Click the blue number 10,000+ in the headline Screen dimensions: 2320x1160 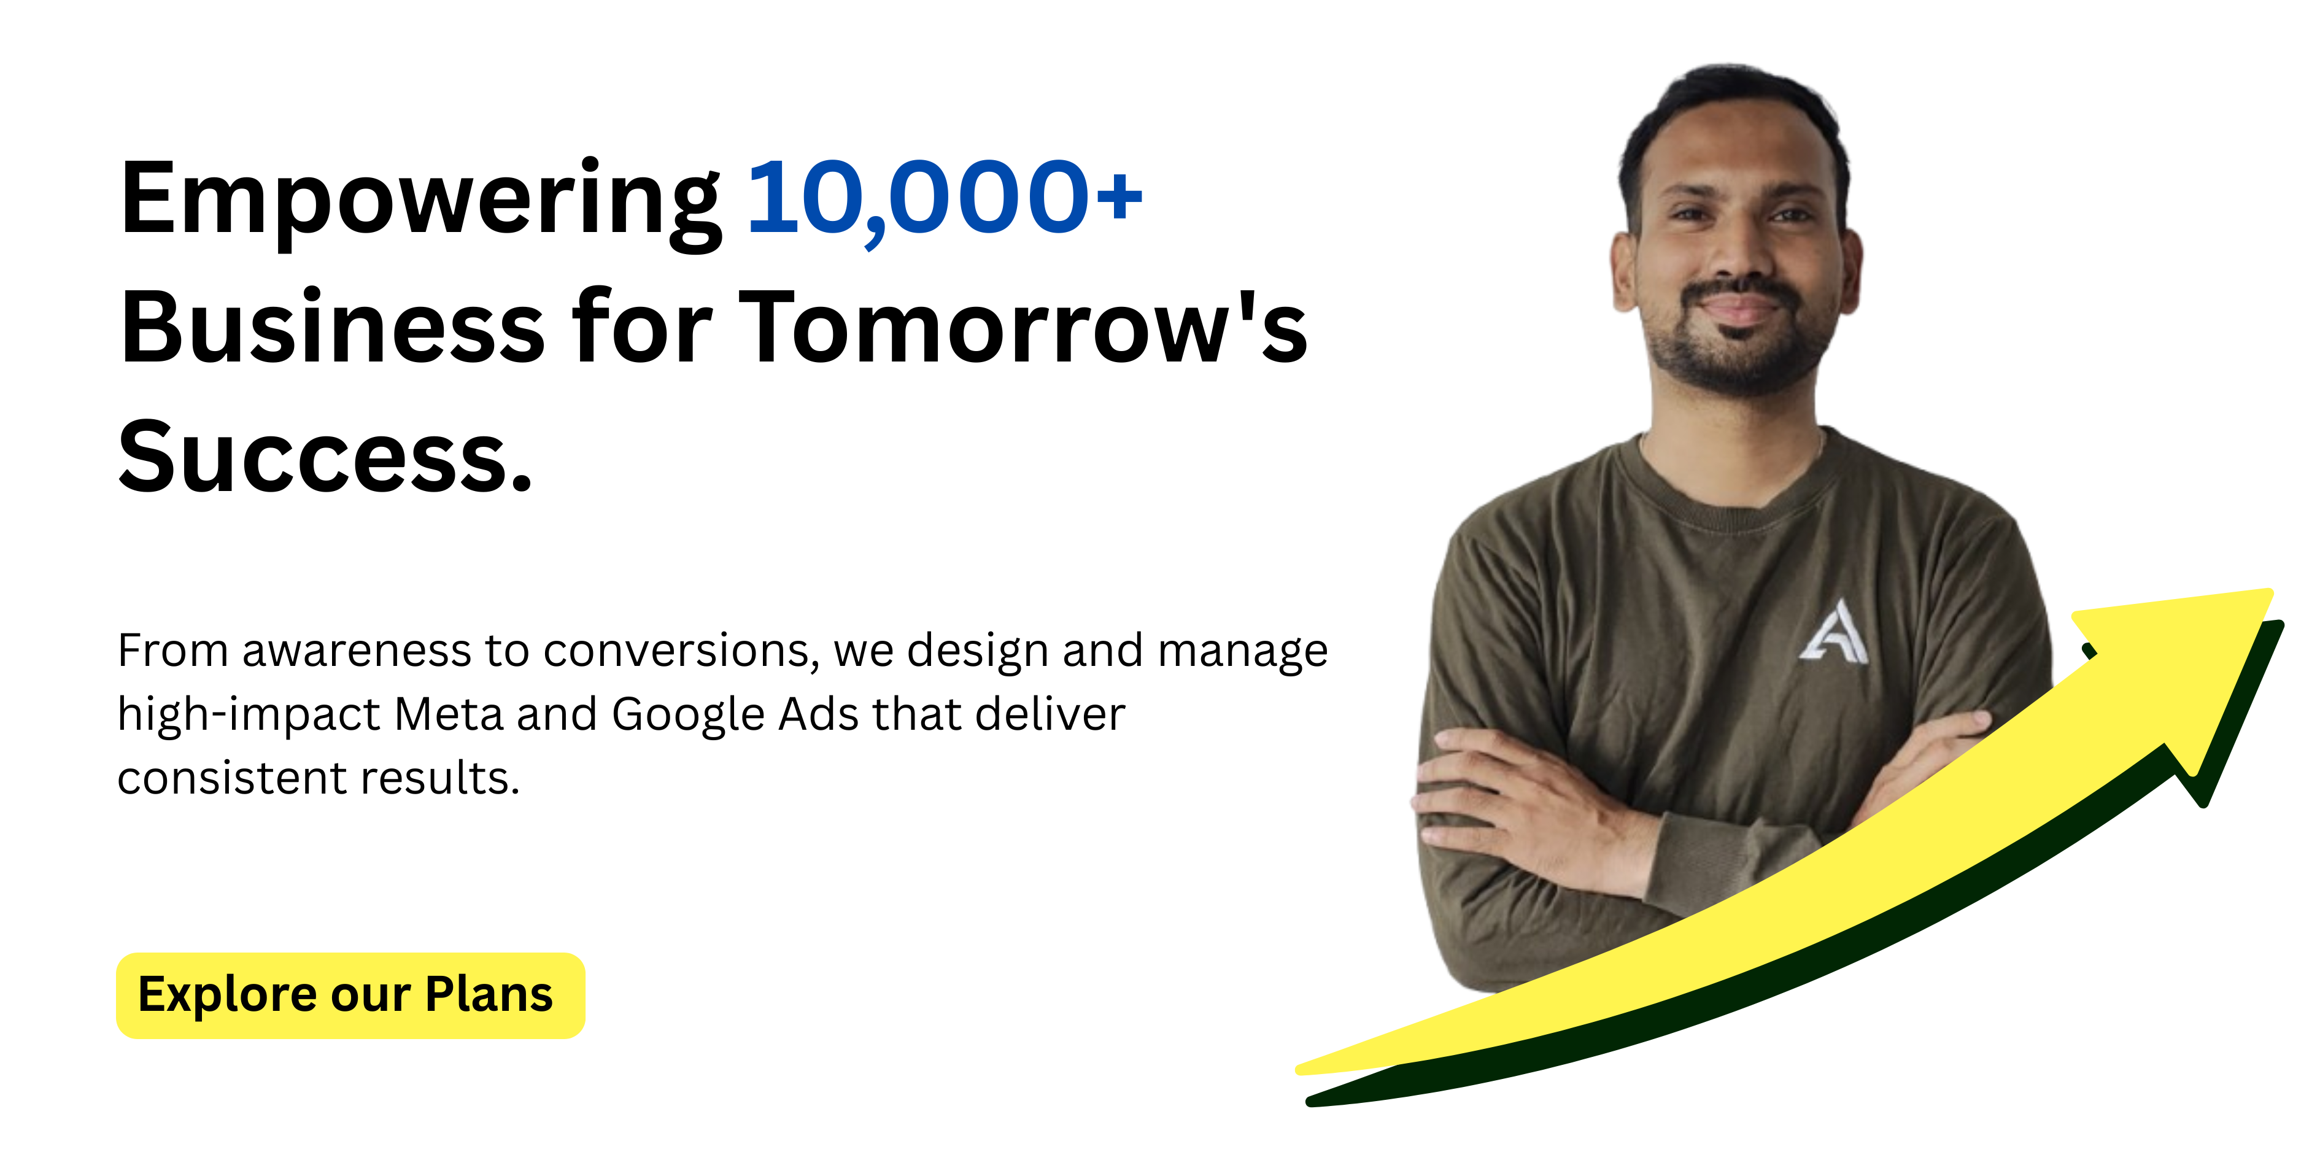coord(945,197)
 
